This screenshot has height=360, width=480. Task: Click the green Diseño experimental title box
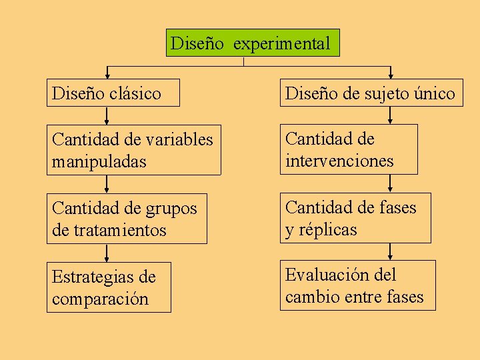[252, 43]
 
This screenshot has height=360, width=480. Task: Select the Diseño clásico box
[113, 93]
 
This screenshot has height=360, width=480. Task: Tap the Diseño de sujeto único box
[370, 93]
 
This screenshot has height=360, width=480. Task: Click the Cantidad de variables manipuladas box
[133, 150]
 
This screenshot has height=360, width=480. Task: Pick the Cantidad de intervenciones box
[348, 149]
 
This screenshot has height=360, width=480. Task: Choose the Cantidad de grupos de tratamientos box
[127, 219]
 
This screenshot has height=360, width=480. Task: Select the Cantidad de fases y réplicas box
[355, 218]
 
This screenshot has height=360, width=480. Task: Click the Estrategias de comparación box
[109, 288]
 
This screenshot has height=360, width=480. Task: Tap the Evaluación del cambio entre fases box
[357, 285]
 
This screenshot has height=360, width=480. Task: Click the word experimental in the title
[281, 44]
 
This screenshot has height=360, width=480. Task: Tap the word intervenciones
[339, 161]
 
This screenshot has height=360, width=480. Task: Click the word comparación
[100, 299]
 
